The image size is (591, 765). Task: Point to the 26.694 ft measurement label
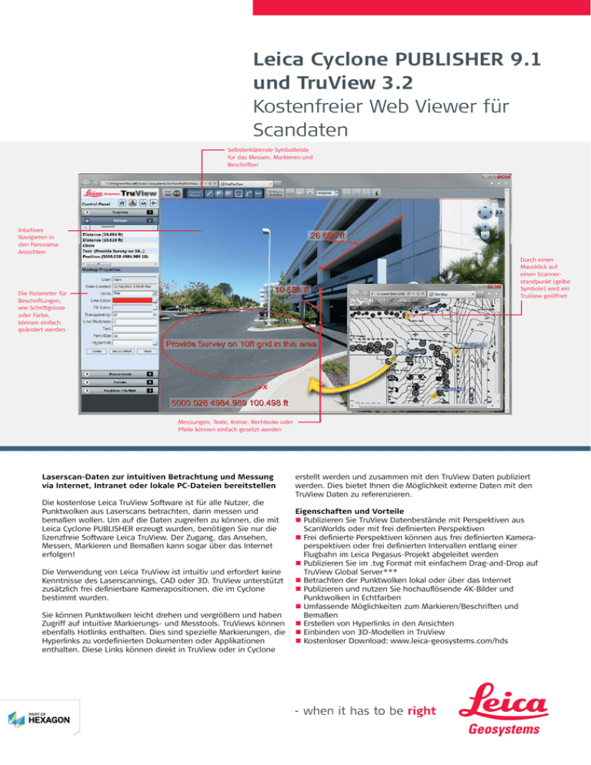(332, 234)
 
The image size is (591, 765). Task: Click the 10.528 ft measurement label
(290, 290)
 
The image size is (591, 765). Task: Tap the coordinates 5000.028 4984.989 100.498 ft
(230, 402)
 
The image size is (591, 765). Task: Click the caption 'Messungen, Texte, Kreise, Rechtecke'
(231, 426)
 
